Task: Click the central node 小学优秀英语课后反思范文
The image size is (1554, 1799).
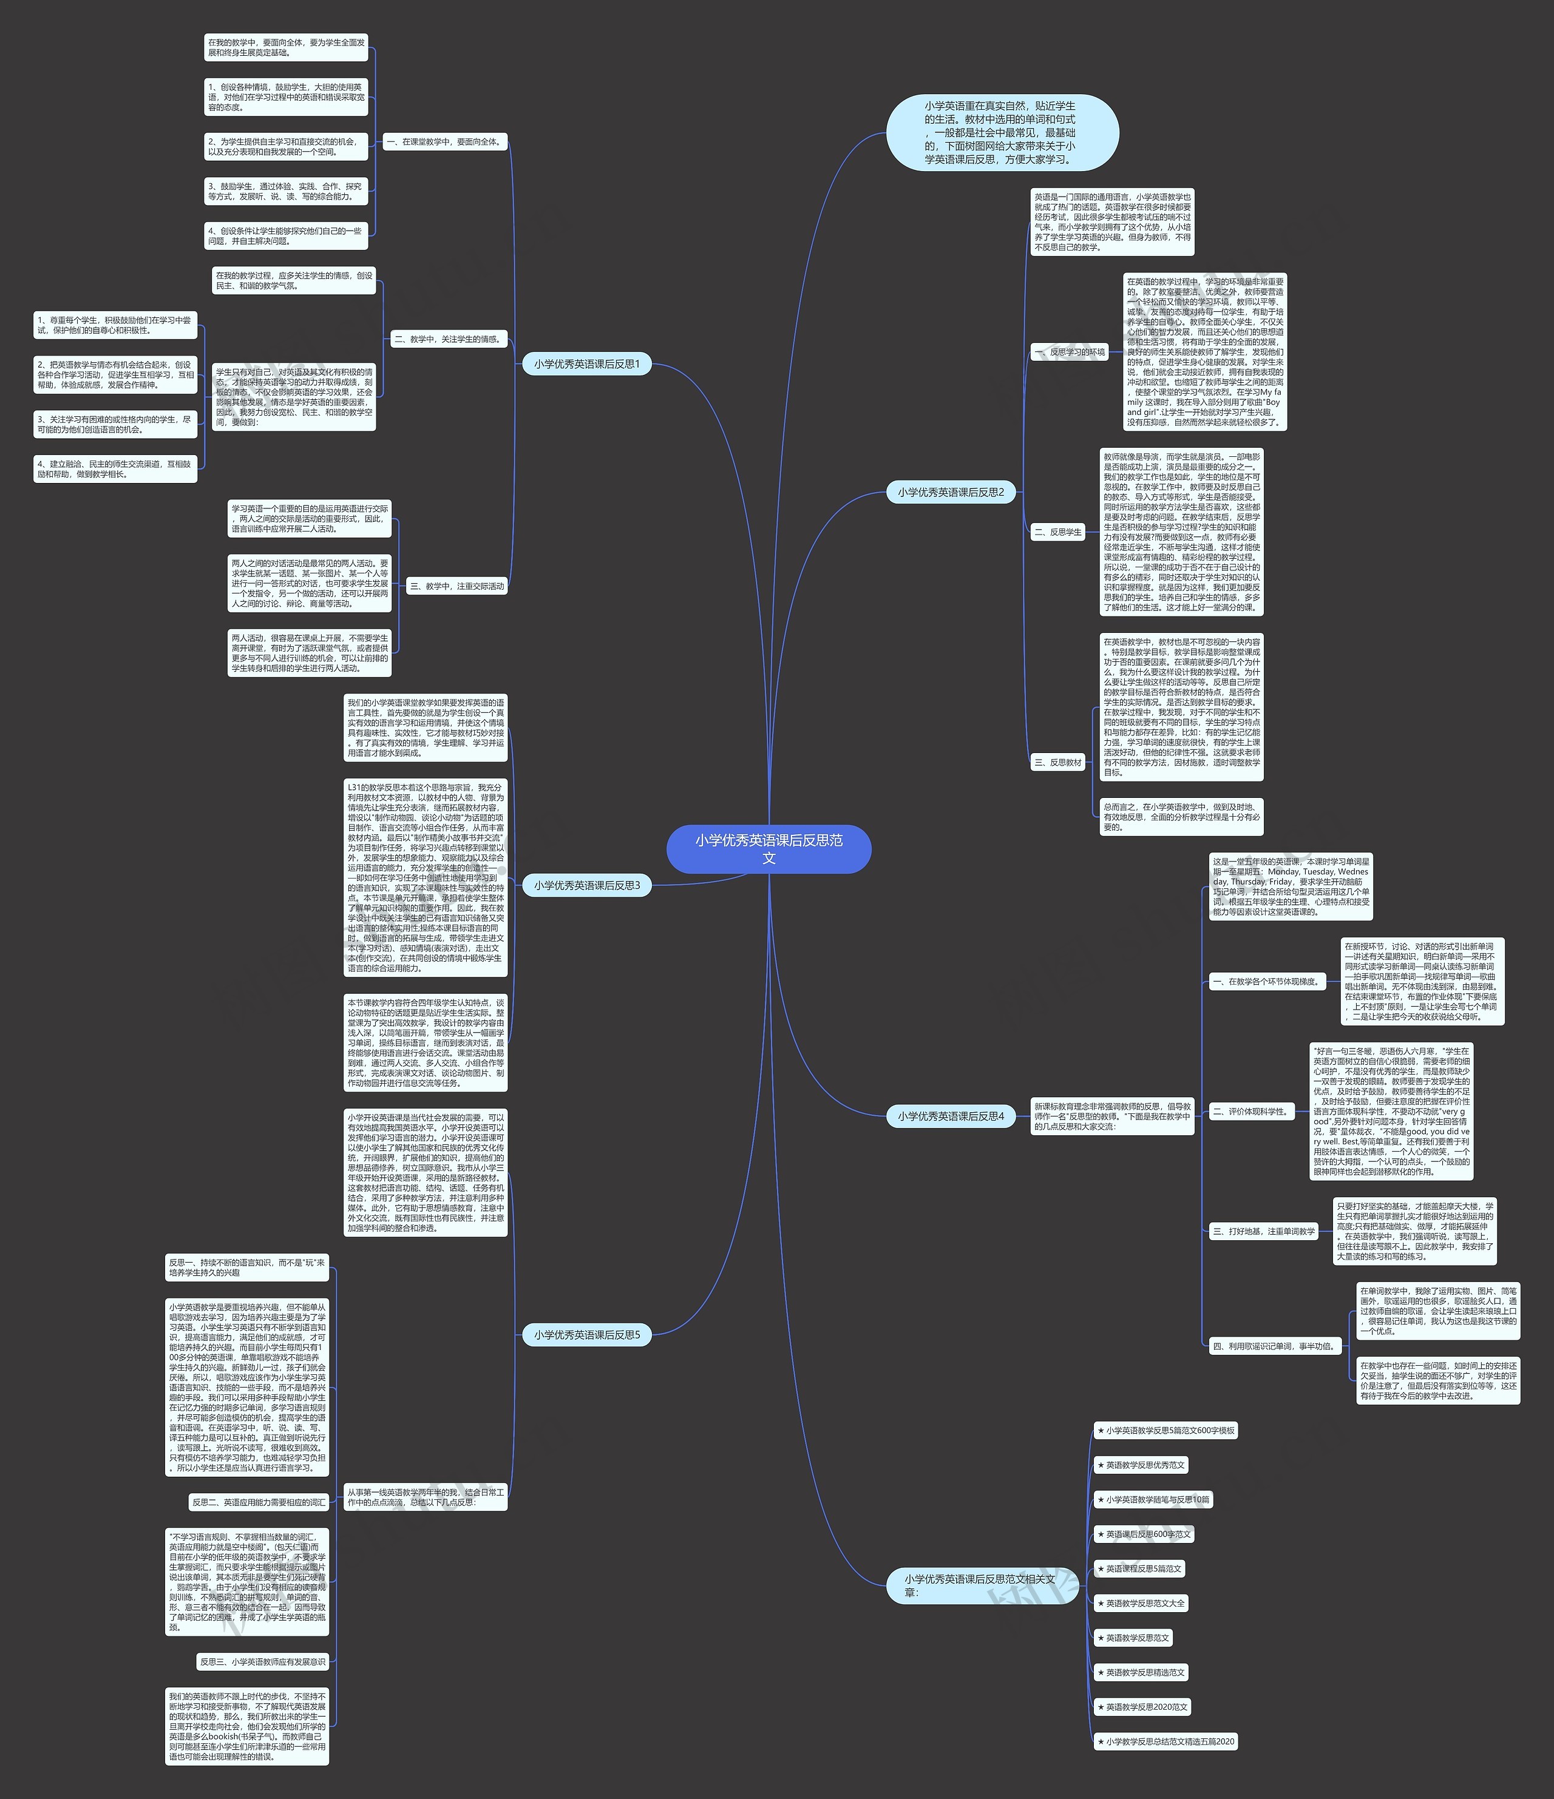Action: [x=768, y=848]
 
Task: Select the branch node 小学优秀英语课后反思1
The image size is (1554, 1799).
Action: [x=586, y=364]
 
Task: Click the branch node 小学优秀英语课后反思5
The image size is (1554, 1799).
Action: [x=586, y=1334]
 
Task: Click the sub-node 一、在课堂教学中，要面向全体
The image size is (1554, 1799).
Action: [x=444, y=141]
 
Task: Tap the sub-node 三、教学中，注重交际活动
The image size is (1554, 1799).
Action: [x=457, y=586]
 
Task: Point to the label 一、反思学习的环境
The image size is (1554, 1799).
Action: [x=1070, y=353]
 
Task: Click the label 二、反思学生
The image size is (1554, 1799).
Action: [x=1058, y=532]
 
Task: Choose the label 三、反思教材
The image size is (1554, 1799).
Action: [x=1058, y=762]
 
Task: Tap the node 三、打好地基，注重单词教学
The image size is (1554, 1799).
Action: [x=1264, y=1231]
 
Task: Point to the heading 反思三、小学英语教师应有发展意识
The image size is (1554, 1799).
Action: [x=262, y=1661]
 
